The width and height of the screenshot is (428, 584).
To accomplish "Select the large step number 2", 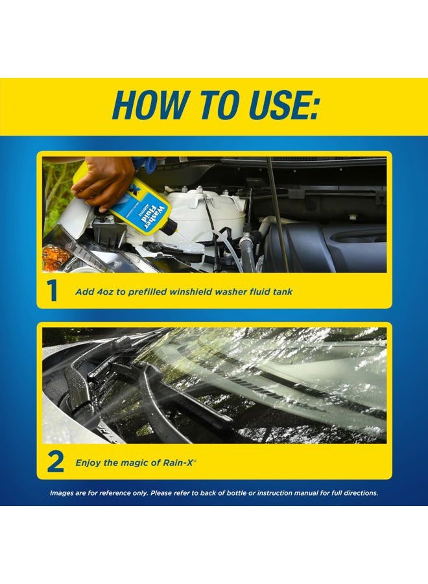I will [56, 463].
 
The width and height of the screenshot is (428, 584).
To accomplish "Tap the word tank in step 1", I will [282, 292].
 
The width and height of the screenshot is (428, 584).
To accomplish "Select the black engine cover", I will [337, 247].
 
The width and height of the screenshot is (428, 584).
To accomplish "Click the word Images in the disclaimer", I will [64, 493].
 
